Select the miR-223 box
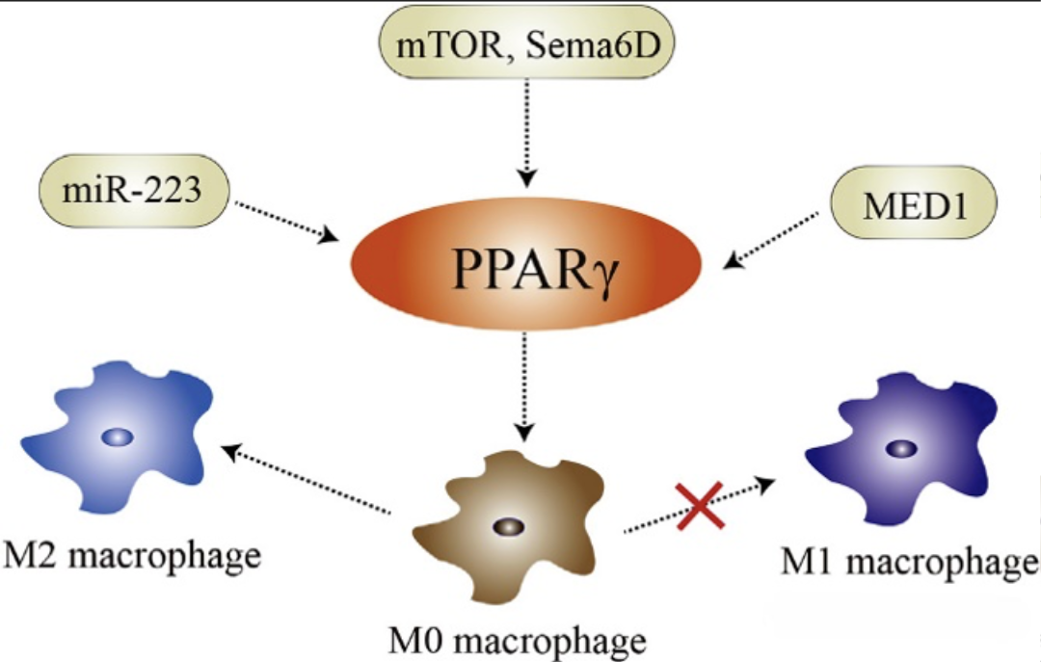[133, 190]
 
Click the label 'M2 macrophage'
[133, 556]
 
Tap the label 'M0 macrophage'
[517, 639]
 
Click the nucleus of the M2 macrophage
[118, 437]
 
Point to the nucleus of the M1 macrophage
[901, 448]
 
